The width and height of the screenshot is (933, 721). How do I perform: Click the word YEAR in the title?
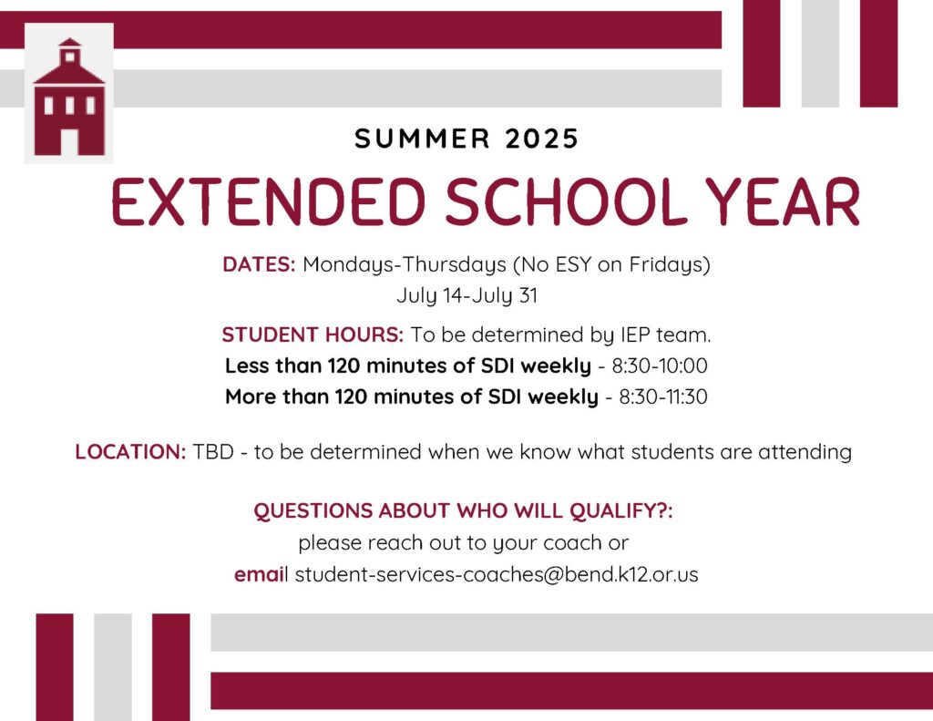[783, 202]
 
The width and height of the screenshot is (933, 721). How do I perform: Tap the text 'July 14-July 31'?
[466, 295]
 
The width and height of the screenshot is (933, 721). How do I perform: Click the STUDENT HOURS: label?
[313, 335]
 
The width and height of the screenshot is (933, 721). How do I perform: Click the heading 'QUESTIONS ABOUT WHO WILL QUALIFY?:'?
[463, 511]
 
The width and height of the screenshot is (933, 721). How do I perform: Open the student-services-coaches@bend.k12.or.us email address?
[497, 575]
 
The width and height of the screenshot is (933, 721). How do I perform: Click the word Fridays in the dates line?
[668, 264]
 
